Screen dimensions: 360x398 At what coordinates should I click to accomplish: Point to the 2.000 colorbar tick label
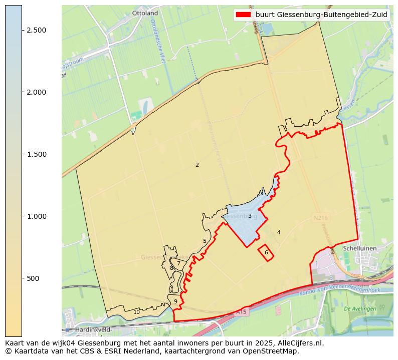click(37, 92)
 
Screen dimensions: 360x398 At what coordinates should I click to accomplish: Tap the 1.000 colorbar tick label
click(37, 216)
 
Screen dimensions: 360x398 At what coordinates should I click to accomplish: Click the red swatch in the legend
click(244, 15)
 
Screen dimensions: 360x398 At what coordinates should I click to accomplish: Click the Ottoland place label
click(145, 13)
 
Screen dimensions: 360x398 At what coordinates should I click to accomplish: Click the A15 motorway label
click(242, 312)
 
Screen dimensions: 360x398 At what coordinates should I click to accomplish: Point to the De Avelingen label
click(360, 309)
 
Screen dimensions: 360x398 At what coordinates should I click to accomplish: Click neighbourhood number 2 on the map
click(197, 165)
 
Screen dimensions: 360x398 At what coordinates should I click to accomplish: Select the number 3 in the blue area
click(250, 216)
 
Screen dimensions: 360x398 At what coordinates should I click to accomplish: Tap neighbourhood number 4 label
click(279, 232)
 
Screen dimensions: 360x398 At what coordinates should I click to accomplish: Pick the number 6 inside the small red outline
click(266, 252)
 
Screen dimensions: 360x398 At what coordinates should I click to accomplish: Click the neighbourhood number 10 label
click(136, 312)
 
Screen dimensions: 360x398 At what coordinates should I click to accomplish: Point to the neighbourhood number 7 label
click(178, 263)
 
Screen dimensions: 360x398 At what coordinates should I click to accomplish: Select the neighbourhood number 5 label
click(205, 241)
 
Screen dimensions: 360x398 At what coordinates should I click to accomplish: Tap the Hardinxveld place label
click(93, 330)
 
